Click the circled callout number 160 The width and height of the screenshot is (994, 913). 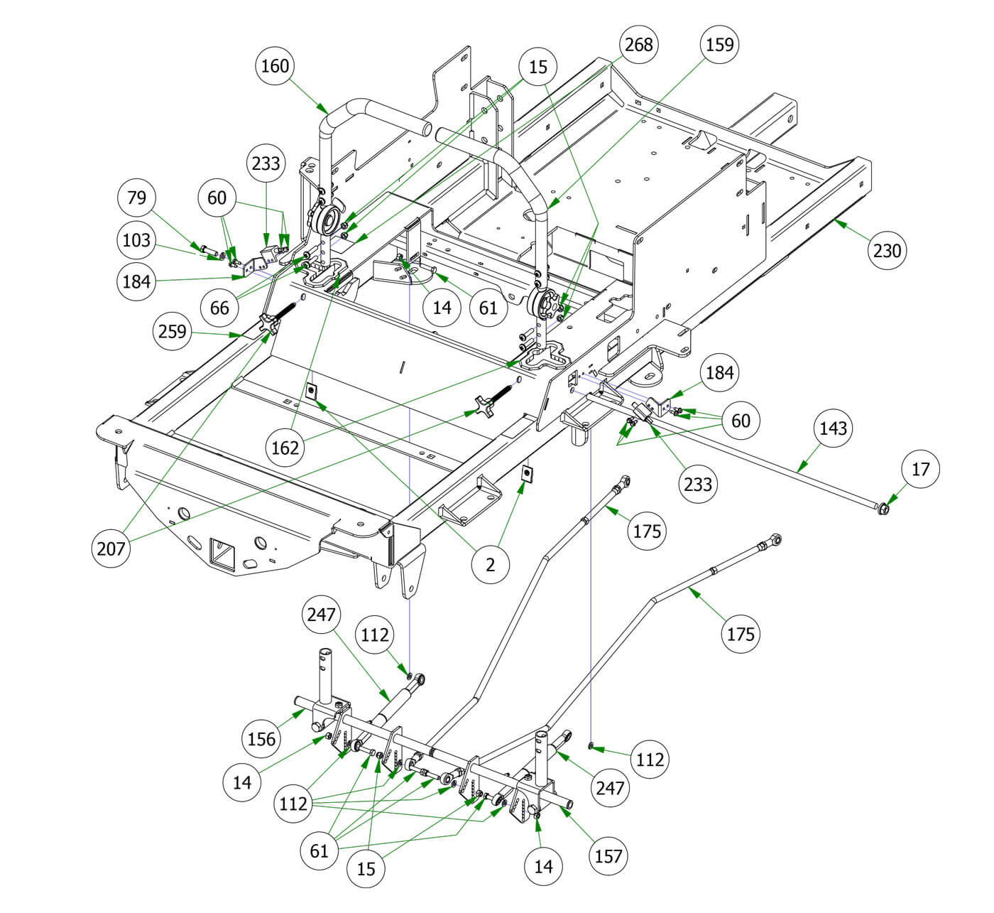point(275,66)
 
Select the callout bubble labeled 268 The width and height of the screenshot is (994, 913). point(638,45)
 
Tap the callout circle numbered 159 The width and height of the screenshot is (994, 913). point(719,45)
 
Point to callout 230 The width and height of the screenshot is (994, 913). point(887,250)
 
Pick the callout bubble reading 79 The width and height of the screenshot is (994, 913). point(137,197)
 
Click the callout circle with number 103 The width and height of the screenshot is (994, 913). point(137,240)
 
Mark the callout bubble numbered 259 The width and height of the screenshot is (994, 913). point(173,331)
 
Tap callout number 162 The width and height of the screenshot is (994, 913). point(285,448)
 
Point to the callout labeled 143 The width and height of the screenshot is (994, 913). point(834,428)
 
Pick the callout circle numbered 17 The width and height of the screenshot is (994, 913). point(921,469)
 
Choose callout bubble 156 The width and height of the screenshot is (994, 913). point(262,739)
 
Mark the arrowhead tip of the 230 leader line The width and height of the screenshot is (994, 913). point(835,222)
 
